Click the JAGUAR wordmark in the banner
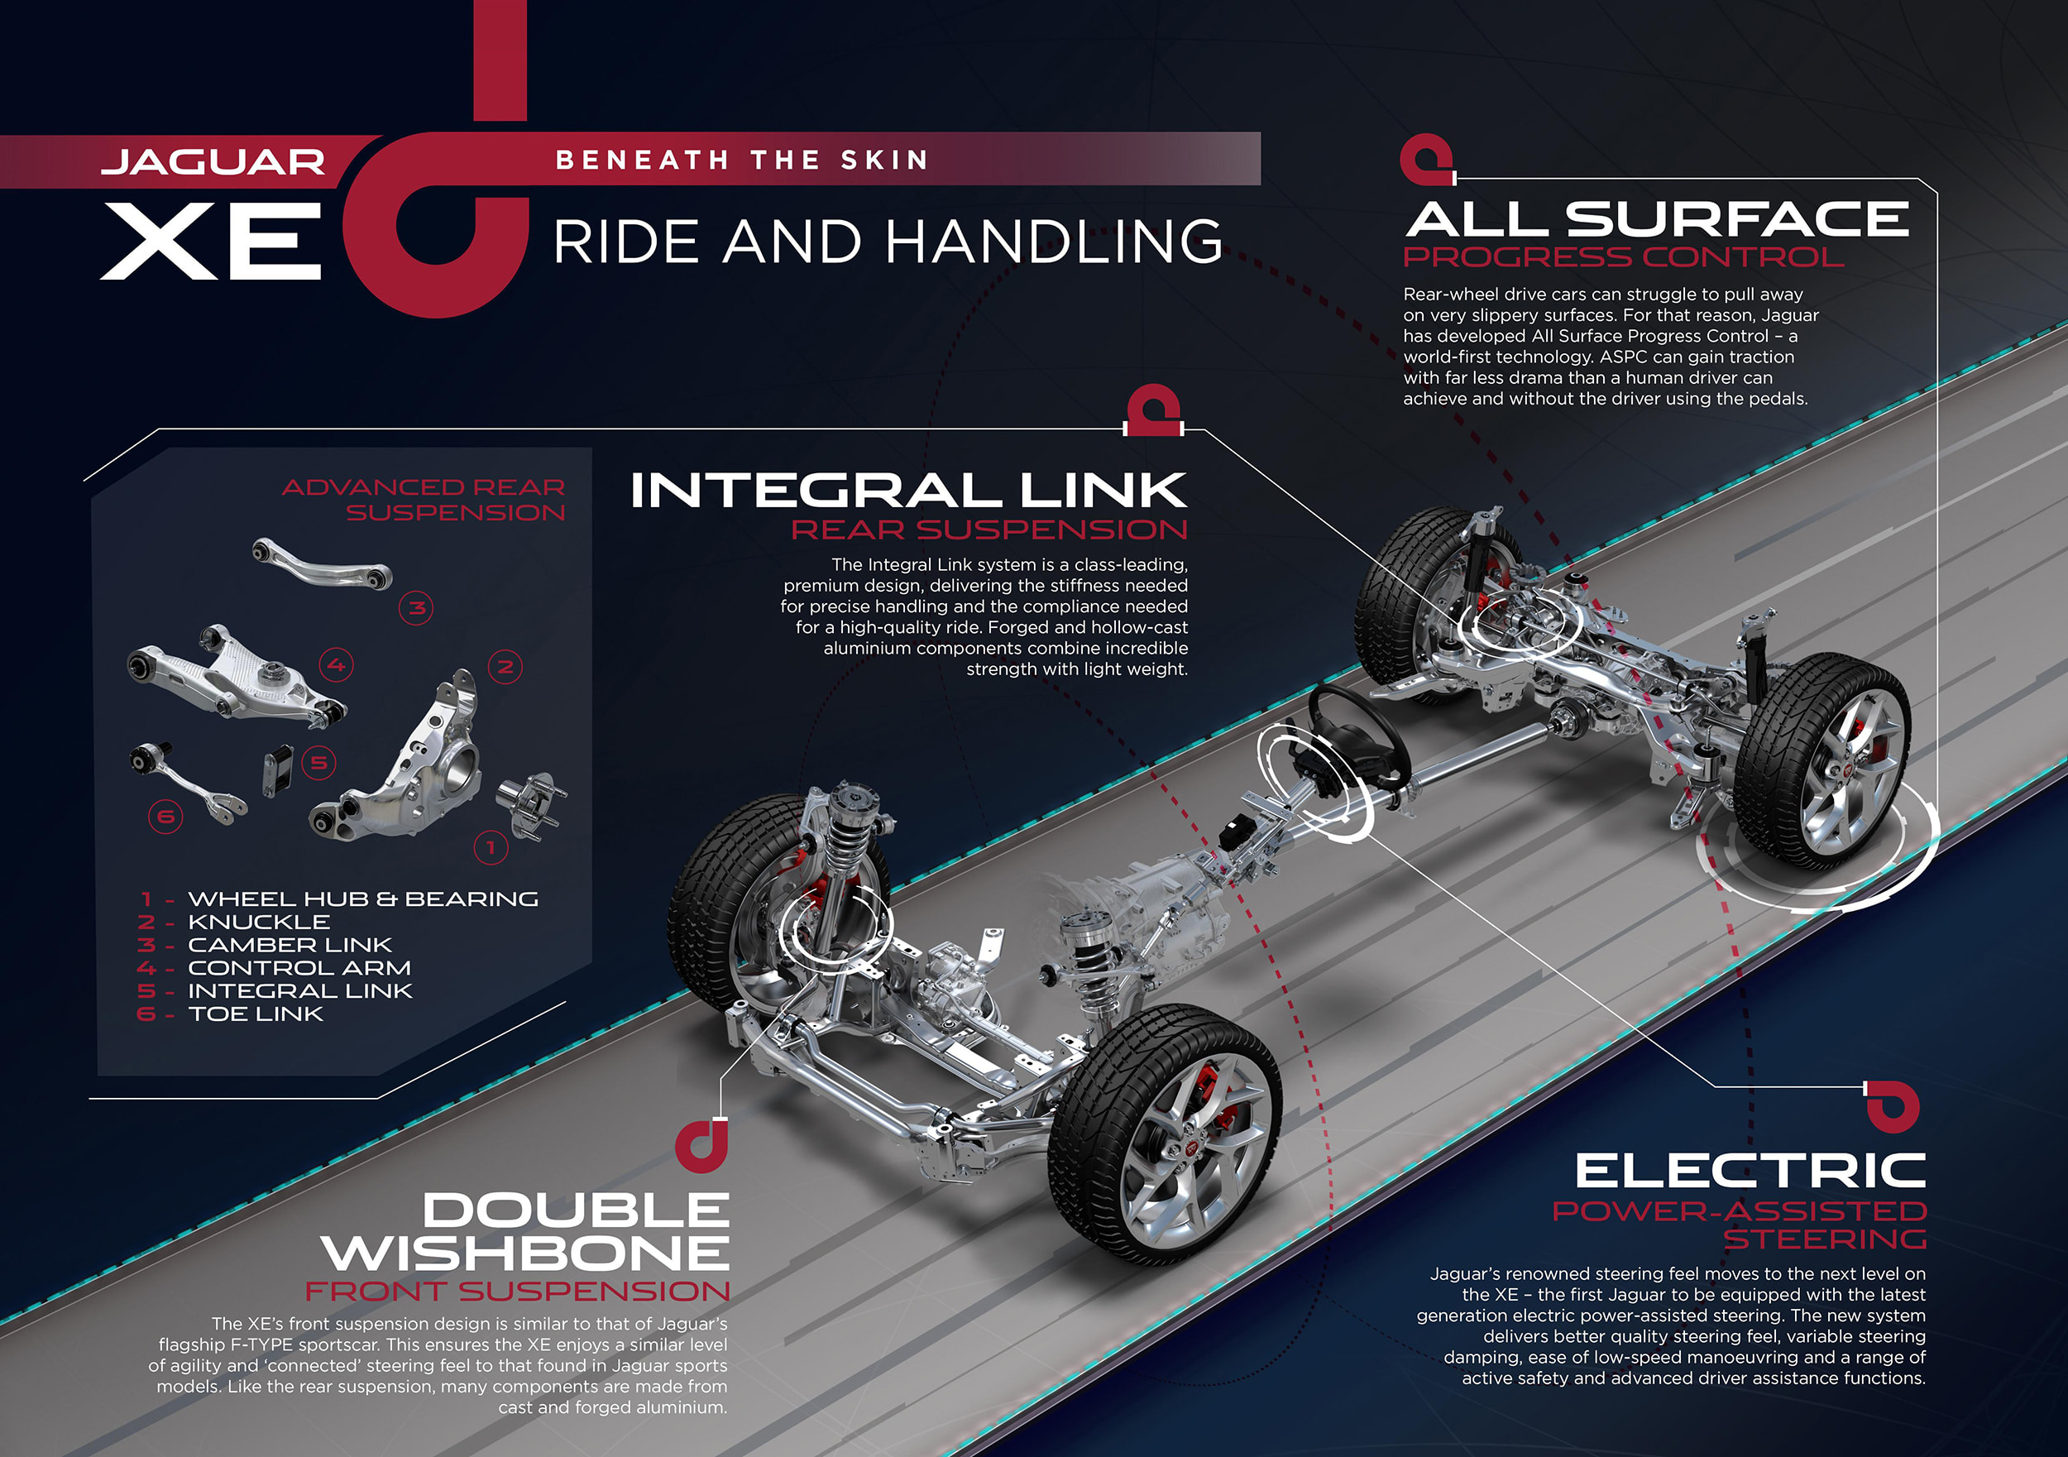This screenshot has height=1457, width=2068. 213,162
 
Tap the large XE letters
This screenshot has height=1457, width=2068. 212,241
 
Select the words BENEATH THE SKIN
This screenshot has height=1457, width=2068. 741,161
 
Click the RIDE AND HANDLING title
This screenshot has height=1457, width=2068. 888,242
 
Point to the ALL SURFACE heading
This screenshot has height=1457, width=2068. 1655,219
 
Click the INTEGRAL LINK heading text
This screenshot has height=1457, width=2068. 908,491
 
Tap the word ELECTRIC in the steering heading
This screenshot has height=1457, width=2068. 1750,1172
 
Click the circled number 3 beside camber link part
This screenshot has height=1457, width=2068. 416,608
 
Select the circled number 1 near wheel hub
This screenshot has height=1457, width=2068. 491,847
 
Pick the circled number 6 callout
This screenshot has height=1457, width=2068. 165,817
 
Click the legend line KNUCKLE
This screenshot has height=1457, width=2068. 258,922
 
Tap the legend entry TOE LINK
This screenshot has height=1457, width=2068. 255,1014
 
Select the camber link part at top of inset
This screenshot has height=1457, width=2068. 322,563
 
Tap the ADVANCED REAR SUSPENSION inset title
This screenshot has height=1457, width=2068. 424,499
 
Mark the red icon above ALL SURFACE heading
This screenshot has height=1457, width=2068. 1426,159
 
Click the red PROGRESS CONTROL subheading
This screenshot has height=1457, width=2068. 1623,257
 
